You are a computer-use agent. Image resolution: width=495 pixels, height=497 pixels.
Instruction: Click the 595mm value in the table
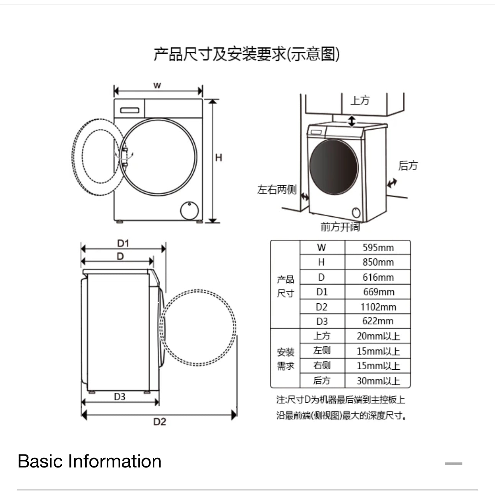pyautogui.click(x=378, y=248)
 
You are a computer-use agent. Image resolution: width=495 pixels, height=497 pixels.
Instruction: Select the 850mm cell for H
pyautogui.click(x=378, y=262)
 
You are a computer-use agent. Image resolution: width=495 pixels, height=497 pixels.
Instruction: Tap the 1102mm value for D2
pyautogui.click(x=378, y=307)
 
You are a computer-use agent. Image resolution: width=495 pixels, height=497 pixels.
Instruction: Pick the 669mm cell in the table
pyautogui.click(x=378, y=292)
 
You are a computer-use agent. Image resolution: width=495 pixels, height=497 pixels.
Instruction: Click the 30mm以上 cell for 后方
pyautogui.click(x=378, y=381)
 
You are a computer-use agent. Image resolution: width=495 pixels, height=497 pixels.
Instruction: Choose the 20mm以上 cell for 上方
pyautogui.click(x=378, y=336)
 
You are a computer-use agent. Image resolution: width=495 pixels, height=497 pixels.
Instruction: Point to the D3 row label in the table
pyautogui.click(x=322, y=321)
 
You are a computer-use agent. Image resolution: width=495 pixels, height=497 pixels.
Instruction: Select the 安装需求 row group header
pyautogui.click(x=285, y=359)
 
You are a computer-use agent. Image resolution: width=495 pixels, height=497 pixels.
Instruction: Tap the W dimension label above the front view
pyautogui.click(x=157, y=85)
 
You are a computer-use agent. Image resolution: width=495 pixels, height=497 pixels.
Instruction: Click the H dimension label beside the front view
pyautogui.click(x=218, y=158)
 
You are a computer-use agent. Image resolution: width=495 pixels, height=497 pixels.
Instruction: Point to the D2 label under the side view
pyautogui.click(x=160, y=422)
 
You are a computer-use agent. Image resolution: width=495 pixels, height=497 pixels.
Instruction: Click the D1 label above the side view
pyautogui.click(x=123, y=243)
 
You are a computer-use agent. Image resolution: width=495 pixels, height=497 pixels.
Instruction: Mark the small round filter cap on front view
pyautogui.click(x=190, y=211)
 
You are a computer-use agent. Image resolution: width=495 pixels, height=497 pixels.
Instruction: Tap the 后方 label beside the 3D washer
pyautogui.click(x=408, y=166)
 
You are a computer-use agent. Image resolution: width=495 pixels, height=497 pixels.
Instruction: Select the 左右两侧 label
pyautogui.click(x=277, y=189)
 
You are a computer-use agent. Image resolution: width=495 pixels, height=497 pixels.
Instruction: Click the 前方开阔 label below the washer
pyautogui.click(x=340, y=227)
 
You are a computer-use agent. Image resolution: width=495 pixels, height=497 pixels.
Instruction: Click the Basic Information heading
pyautogui.click(x=89, y=461)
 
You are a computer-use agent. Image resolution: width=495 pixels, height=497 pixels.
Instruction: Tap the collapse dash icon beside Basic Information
pyautogui.click(x=453, y=464)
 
